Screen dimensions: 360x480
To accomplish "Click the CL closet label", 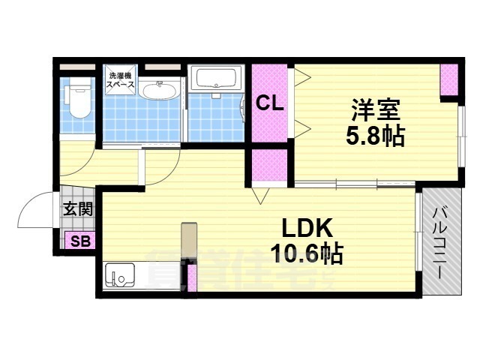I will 269,104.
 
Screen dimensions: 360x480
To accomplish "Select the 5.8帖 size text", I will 375,136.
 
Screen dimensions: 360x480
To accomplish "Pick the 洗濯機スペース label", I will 120,80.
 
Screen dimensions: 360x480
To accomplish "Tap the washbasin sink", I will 158,92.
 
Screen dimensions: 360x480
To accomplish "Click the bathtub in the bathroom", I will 216,78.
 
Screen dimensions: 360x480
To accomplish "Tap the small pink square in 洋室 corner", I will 448,80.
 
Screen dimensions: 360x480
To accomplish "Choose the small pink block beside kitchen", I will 192,278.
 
